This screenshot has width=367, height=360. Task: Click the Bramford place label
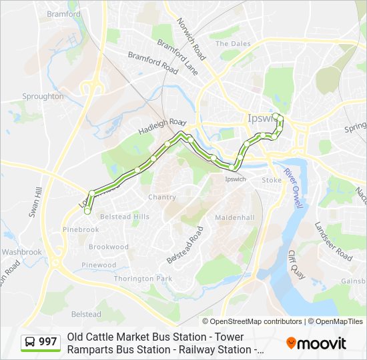click(x=64, y=14)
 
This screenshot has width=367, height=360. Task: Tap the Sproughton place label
click(x=43, y=97)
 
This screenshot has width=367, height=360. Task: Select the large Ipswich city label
click(x=256, y=119)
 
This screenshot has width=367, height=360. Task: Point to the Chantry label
click(x=162, y=197)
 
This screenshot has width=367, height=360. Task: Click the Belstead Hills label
click(x=125, y=217)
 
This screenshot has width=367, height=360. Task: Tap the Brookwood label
click(x=109, y=247)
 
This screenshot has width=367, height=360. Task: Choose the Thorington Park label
click(x=143, y=278)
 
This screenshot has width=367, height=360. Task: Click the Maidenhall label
click(x=235, y=218)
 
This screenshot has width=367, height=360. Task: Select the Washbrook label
click(x=21, y=252)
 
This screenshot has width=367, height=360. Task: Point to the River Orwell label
click(x=292, y=187)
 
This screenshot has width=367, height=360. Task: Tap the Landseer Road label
click(x=333, y=241)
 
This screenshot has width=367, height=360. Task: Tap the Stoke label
click(x=272, y=180)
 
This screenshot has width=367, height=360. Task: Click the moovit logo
click(x=316, y=343)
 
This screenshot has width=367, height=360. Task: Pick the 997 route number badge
click(x=41, y=342)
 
